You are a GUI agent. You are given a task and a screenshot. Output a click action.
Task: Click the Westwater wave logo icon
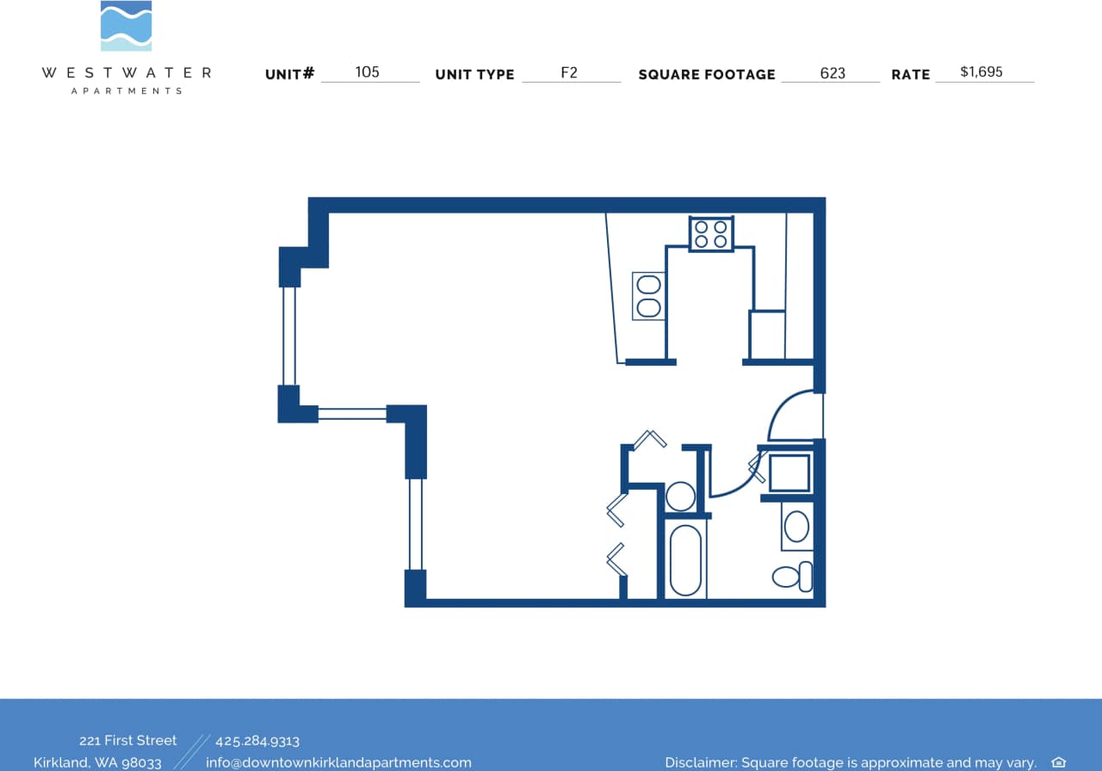tap(126, 26)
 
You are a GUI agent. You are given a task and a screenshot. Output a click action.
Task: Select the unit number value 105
tap(368, 72)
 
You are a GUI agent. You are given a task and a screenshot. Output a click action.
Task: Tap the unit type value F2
tap(569, 72)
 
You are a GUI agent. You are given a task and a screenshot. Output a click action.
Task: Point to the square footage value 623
tap(833, 73)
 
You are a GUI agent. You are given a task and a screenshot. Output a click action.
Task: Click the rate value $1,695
tap(981, 72)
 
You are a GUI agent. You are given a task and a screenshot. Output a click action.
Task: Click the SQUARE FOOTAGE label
tap(706, 75)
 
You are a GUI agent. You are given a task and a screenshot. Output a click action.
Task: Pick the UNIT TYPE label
tap(474, 75)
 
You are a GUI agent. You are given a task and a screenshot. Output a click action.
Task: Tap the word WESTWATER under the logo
tap(126, 73)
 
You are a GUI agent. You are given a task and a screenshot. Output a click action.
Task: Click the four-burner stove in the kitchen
tap(711, 233)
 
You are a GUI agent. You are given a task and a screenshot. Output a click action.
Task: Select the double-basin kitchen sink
tap(648, 296)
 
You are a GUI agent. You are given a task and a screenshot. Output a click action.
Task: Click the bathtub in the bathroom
tap(685, 560)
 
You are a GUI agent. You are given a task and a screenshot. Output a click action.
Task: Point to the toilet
tap(791, 576)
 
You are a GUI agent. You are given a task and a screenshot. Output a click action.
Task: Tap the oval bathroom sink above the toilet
tap(797, 526)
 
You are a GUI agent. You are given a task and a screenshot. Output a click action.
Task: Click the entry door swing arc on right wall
tap(790, 416)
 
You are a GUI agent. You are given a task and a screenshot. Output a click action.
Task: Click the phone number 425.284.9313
tap(257, 741)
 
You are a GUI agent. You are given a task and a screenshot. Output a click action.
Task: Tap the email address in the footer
tap(338, 762)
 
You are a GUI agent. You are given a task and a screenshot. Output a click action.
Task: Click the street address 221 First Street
tap(127, 740)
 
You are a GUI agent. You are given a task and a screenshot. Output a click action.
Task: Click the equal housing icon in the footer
tap(1058, 762)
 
